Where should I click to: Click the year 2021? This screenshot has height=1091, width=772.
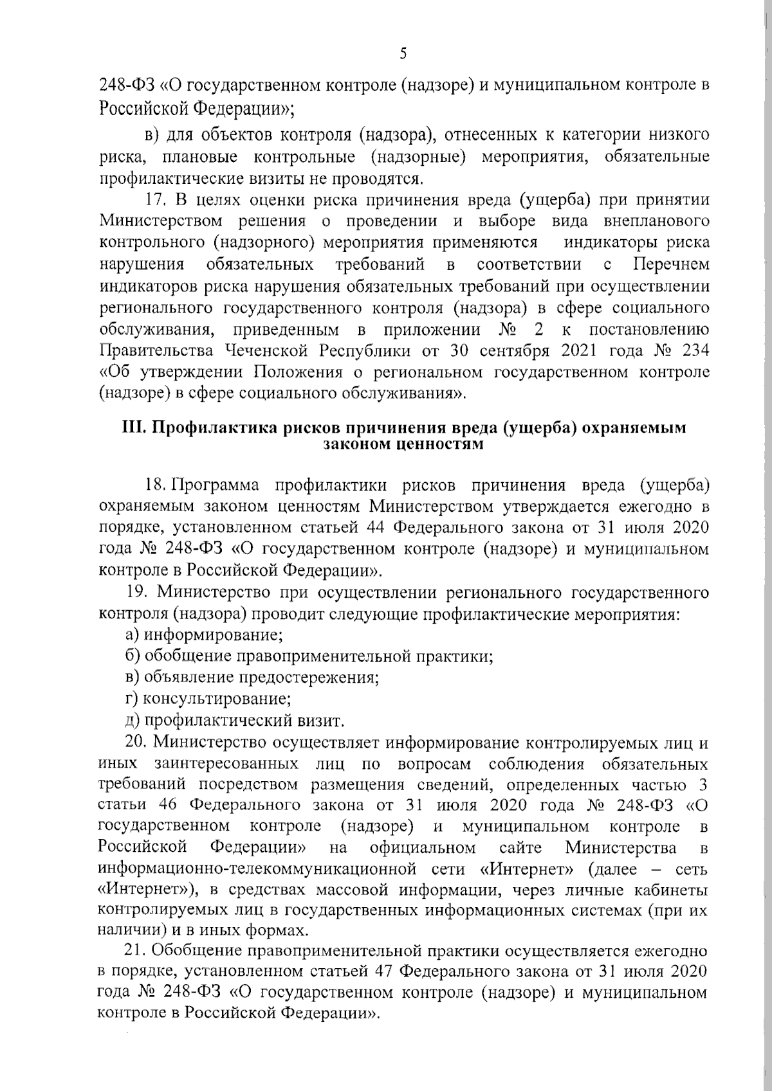[582, 351]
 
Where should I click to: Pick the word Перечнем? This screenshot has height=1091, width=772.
[671, 264]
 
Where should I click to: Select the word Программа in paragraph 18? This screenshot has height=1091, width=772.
[216, 484]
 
